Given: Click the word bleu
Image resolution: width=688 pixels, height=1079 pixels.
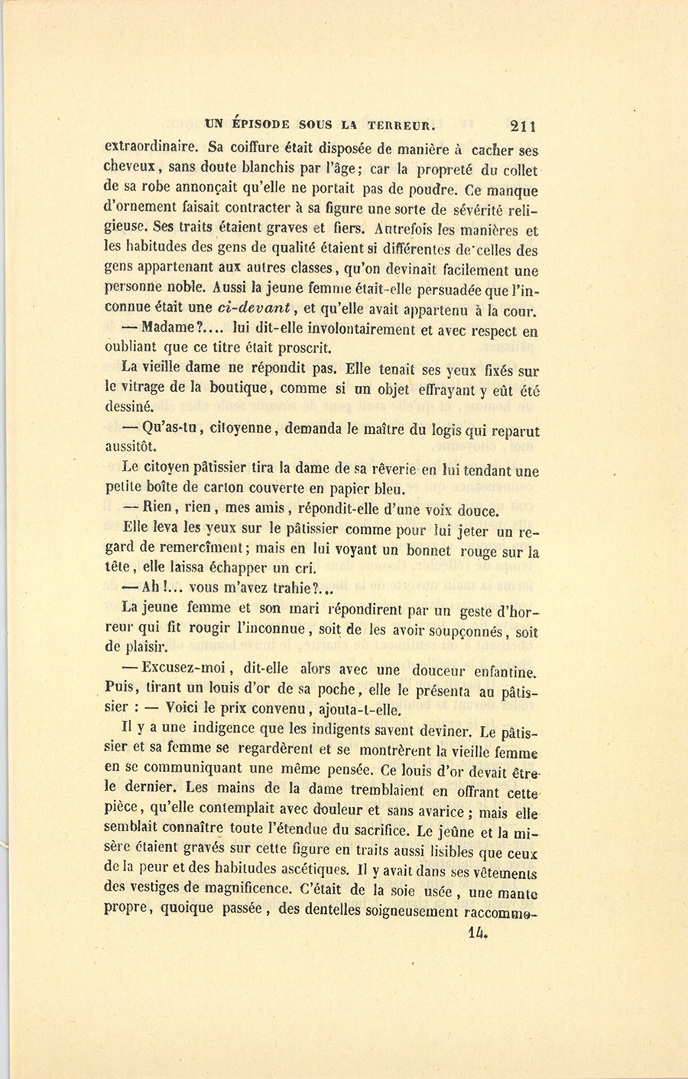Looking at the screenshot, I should click(389, 489).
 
